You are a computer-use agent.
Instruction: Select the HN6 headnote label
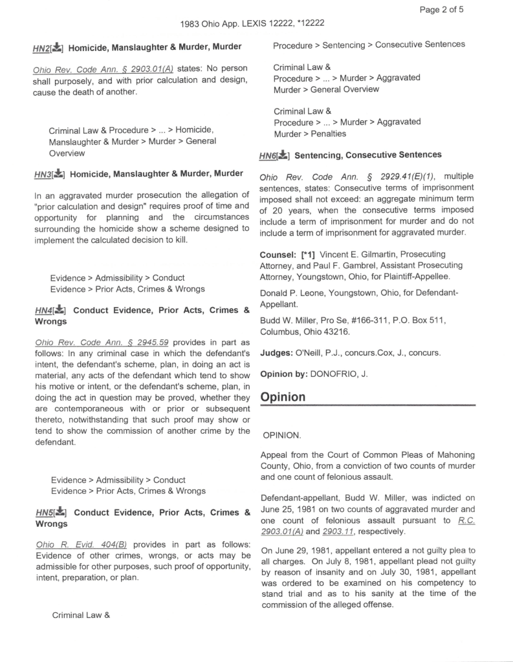[x=267, y=156]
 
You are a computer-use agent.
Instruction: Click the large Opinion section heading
[x=283, y=397]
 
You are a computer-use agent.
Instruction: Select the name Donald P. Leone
[x=292, y=292]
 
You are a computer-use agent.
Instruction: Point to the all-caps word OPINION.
[x=282, y=436]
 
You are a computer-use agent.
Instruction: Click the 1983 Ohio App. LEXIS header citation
[x=253, y=23]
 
